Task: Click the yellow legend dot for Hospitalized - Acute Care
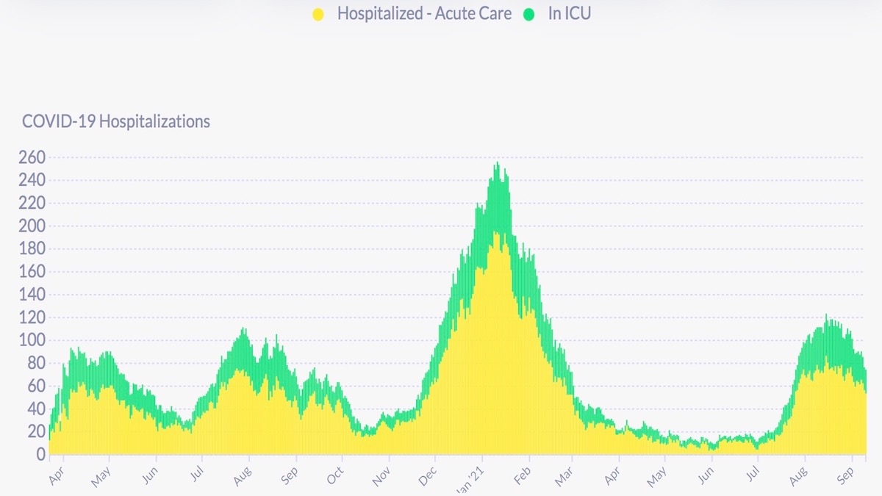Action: [318, 14]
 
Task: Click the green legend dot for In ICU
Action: [529, 14]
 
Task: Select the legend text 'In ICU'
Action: [569, 14]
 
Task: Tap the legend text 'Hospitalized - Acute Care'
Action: [424, 14]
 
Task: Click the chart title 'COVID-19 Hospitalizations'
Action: [116, 121]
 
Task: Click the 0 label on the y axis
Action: [40, 455]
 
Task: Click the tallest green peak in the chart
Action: [498, 164]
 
